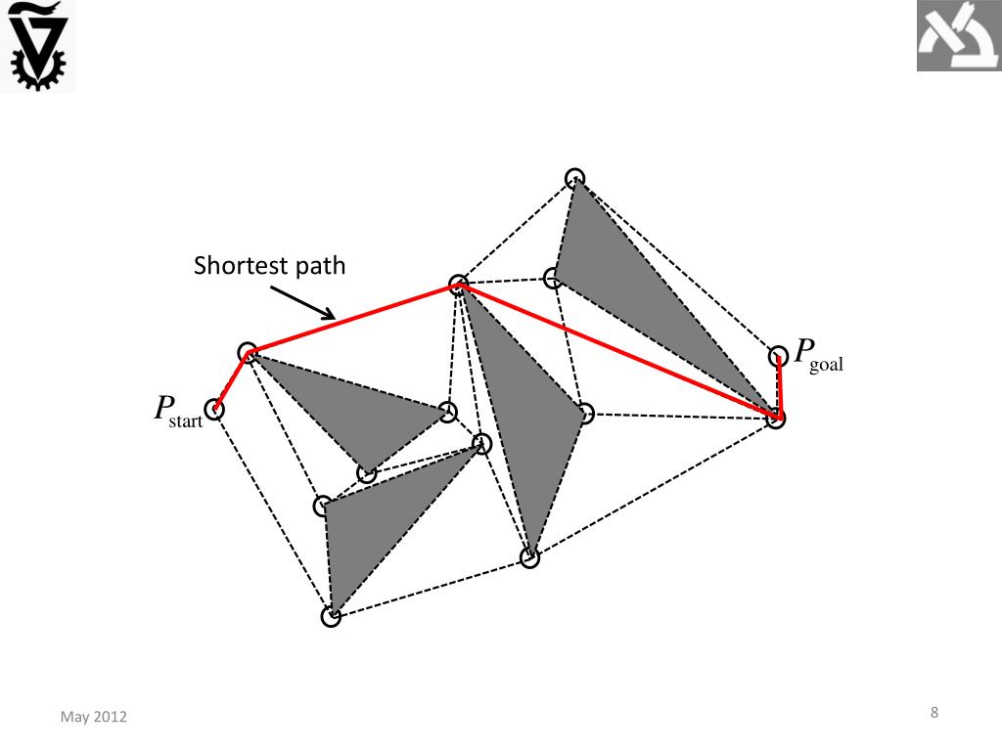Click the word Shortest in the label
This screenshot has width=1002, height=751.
(x=236, y=266)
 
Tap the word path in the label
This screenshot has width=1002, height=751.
(x=320, y=266)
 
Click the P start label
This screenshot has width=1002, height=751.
(x=177, y=411)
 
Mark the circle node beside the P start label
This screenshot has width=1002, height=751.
(x=214, y=409)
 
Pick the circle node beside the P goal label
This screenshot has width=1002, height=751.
(x=778, y=355)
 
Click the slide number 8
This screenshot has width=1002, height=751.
(x=934, y=713)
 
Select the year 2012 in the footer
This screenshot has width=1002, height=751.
(x=111, y=718)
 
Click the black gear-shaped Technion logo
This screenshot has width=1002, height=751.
(x=37, y=45)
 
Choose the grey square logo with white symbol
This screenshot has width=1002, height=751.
(x=958, y=36)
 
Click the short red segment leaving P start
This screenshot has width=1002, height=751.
(x=231, y=380)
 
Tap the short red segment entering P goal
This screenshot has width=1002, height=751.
(x=780, y=387)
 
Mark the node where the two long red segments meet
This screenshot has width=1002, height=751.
(x=457, y=286)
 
